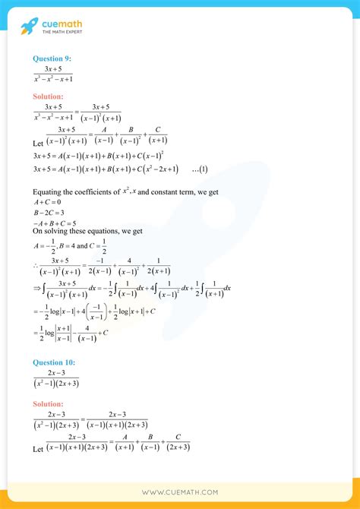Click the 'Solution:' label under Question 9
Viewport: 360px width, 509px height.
[x=48, y=96]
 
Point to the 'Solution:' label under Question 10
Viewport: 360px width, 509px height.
[x=48, y=404]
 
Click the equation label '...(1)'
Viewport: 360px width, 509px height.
[x=201, y=168]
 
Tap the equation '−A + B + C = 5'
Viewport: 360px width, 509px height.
[x=55, y=224]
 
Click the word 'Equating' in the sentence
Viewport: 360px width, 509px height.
[x=49, y=192]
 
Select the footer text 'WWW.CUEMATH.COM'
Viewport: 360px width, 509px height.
[x=179, y=493]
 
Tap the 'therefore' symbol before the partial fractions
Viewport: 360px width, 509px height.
[x=36, y=270]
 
